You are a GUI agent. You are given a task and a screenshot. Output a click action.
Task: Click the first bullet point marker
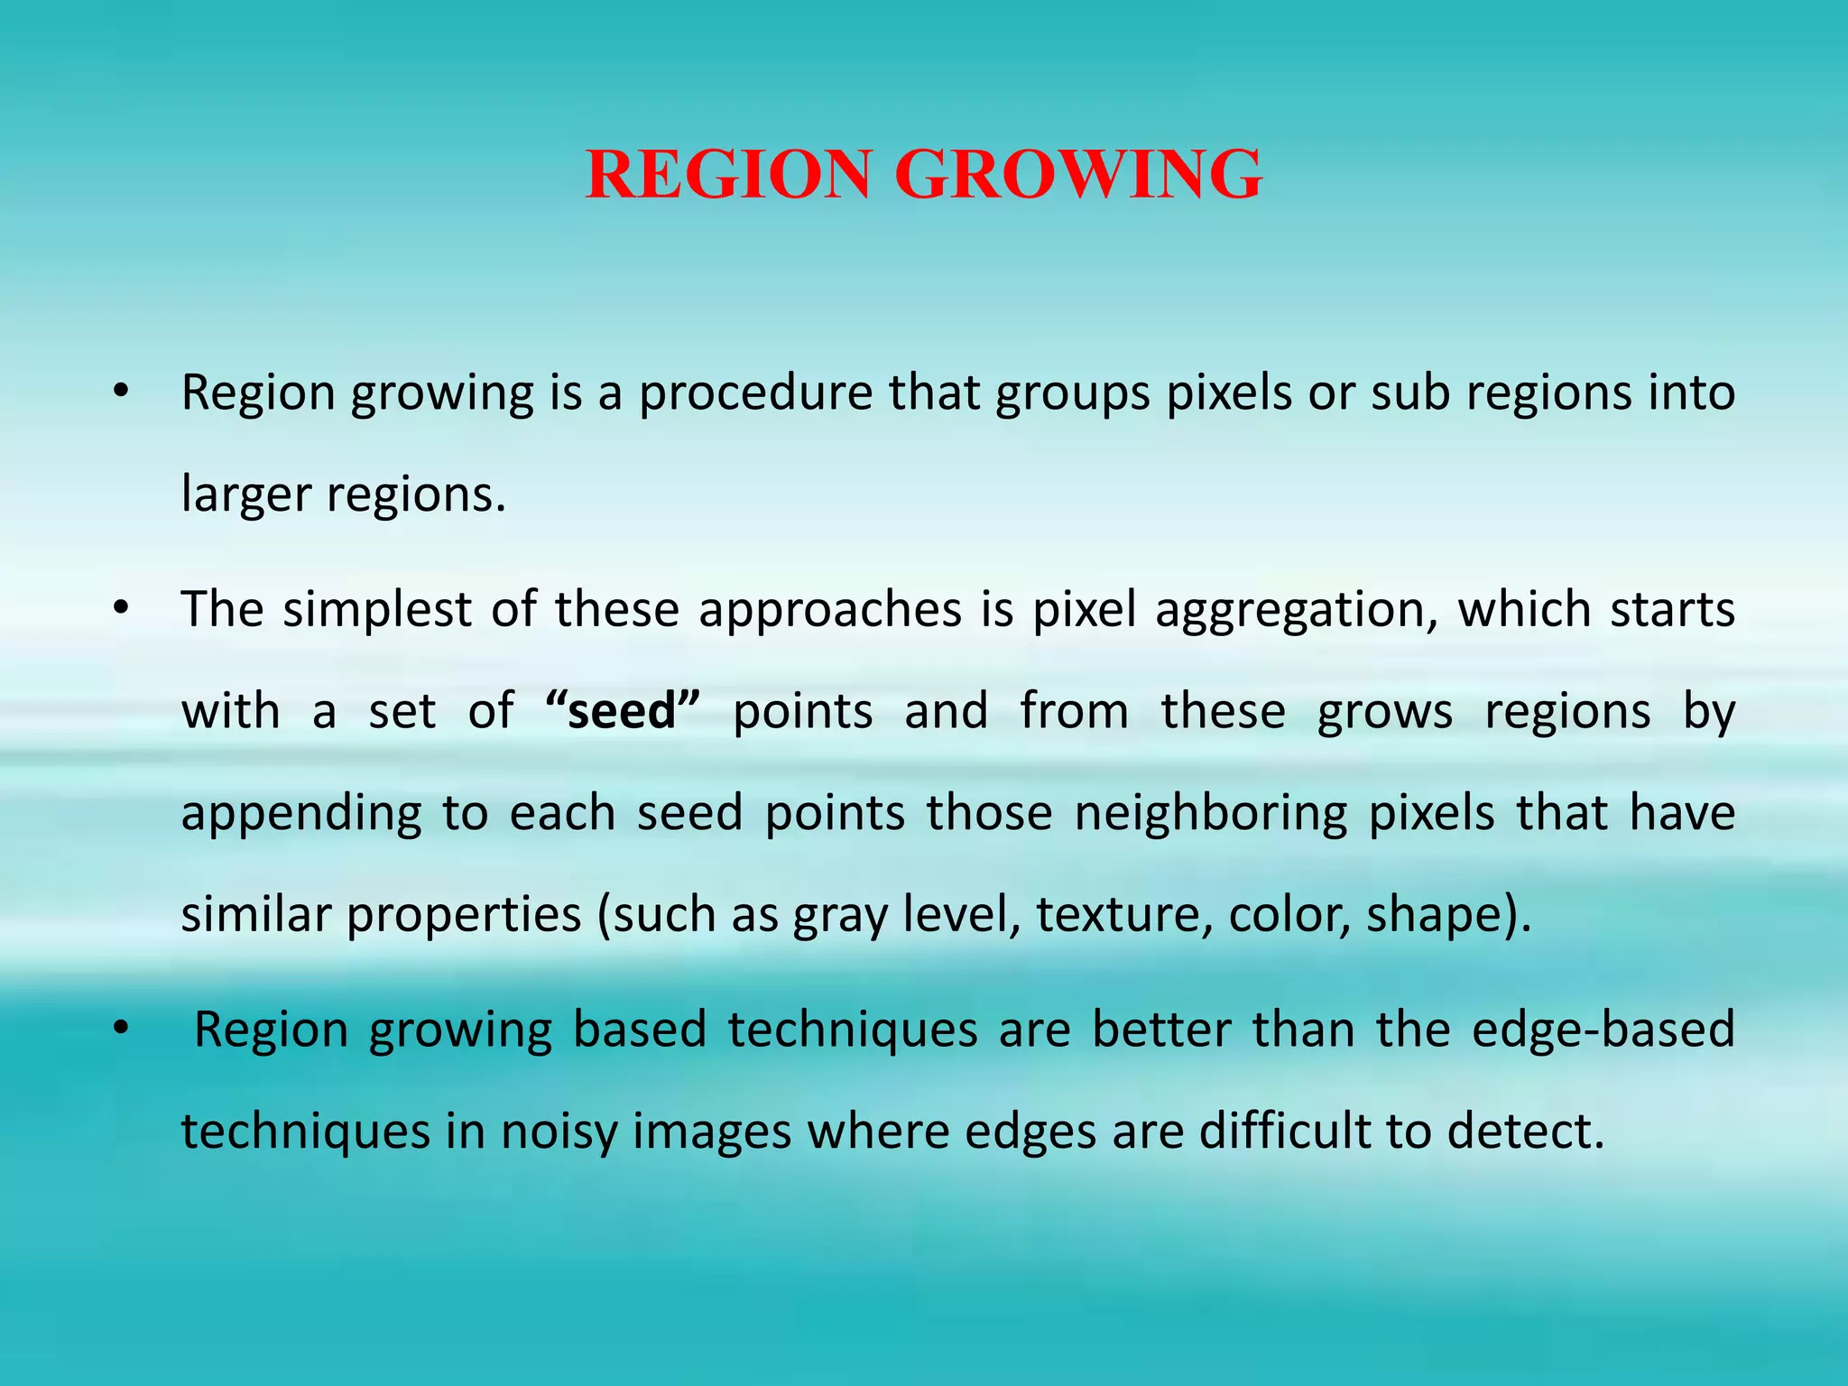121,393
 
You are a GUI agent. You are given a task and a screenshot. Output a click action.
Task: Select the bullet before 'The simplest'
121,609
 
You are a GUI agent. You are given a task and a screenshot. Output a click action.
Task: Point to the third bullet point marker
121,1030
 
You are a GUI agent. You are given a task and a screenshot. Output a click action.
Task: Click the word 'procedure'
756,394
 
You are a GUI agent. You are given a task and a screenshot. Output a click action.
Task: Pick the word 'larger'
245,495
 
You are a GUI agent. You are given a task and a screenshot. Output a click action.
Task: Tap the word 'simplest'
377,609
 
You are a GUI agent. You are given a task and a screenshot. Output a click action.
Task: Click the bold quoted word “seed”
623,711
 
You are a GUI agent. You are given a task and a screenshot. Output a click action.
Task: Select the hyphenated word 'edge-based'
1603,1030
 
